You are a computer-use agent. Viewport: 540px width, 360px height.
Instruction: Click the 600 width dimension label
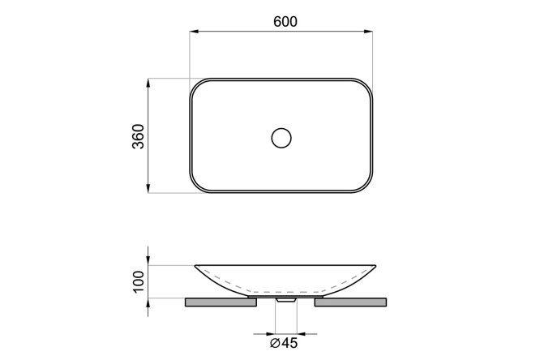[x=285, y=22]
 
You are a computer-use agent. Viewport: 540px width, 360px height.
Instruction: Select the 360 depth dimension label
[x=139, y=136]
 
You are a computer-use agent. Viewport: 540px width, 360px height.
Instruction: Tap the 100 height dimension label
[x=139, y=281]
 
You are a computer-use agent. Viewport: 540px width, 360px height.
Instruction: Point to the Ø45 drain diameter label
[x=284, y=343]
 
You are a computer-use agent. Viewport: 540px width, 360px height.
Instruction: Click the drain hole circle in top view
[x=281, y=138]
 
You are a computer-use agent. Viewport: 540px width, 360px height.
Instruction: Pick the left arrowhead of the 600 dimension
[x=195, y=32]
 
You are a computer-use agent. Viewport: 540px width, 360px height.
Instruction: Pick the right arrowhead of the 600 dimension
[x=368, y=32]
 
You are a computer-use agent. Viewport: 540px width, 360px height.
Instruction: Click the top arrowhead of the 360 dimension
[x=148, y=84]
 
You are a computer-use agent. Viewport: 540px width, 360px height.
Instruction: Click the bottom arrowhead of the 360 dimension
[x=148, y=188]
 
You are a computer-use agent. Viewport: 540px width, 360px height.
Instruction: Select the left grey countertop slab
[x=221, y=302]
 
